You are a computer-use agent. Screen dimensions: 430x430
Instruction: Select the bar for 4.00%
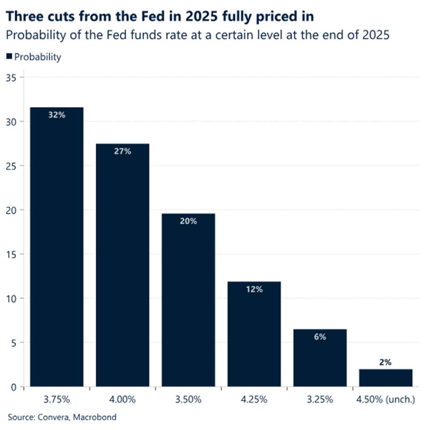122,265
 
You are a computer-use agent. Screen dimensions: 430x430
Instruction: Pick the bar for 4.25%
254,334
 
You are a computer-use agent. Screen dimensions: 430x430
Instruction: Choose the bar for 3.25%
320,358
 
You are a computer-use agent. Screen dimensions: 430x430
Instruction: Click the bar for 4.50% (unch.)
385,378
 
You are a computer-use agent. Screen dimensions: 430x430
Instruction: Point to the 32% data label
56,115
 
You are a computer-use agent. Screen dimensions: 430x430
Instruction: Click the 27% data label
122,152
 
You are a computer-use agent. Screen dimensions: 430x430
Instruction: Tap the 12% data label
254,289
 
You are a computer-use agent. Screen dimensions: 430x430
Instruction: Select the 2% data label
385,362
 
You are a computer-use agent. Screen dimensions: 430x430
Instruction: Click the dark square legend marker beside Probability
9,57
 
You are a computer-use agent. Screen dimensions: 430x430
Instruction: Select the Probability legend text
38,57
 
